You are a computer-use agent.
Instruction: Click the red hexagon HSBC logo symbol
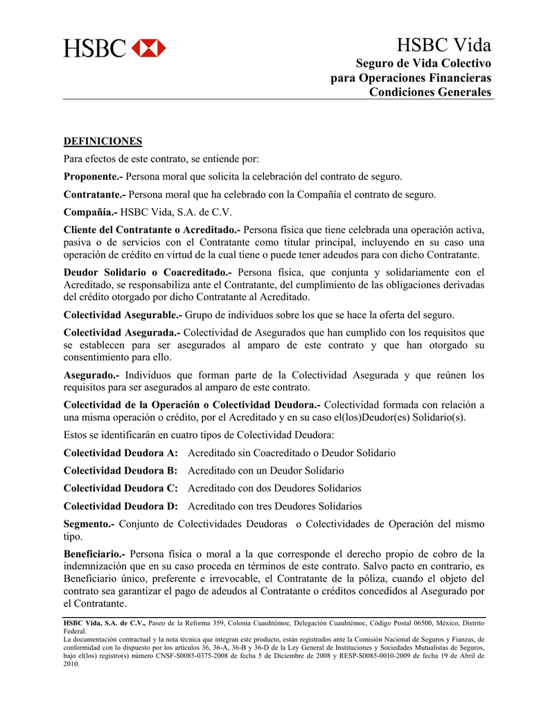(x=149, y=48)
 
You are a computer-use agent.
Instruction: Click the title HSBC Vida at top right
(x=444, y=46)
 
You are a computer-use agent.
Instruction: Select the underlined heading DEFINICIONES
(x=103, y=141)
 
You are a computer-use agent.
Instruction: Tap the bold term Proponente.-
(x=93, y=177)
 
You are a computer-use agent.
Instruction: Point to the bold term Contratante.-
(x=95, y=195)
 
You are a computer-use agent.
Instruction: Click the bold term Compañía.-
(x=91, y=212)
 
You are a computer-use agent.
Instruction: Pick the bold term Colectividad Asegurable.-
(x=123, y=315)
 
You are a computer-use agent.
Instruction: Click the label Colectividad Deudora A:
(x=121, y=453)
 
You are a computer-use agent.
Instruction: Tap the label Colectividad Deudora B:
(x=121, y=471)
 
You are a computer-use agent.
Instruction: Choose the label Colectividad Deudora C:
(x=121, y=488)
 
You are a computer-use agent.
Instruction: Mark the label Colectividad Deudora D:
(x=121, y=506)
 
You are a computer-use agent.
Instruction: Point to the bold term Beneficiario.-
(x=94, y=554)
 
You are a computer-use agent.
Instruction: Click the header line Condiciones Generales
(x=430, y=92)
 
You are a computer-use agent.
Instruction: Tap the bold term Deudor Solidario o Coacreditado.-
(x=148, y=272)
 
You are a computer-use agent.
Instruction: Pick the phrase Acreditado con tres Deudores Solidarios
(x=275, y=506)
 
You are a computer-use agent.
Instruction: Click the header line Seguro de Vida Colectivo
(x=423, y=63)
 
